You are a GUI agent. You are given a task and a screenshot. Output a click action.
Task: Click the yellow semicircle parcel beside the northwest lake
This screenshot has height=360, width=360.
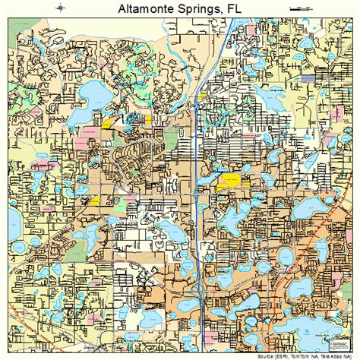pos(107,121)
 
